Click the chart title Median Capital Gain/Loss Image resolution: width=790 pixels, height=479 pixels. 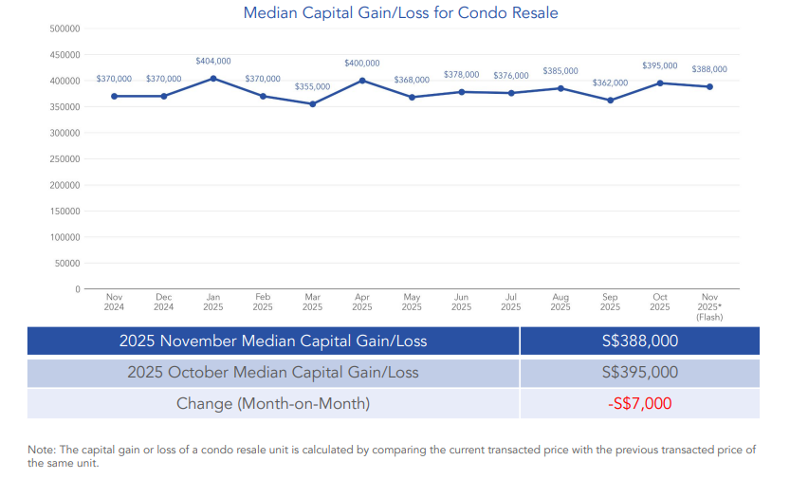coord(400,13)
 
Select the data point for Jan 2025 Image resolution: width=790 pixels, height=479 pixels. coord(213,79)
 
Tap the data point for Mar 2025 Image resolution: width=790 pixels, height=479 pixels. coord(312,103)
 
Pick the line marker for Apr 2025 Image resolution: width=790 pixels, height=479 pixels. coord(362,81)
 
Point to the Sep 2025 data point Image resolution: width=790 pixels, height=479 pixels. coord(610,100)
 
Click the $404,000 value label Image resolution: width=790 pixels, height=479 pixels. coord(213,61)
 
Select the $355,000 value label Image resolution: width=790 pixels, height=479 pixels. coord(312,86)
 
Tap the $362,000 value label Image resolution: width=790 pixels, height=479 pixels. coord(610,83)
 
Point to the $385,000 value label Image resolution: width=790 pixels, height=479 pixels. coord(560,71)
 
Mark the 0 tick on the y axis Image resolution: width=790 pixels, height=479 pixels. coord(76,288)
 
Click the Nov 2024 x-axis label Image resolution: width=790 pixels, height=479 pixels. coord(114,302)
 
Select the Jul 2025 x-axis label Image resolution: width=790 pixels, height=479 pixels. coord(510,302)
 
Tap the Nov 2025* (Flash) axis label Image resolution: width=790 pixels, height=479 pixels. coord(709,306)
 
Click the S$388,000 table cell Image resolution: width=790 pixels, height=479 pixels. coord(639,341)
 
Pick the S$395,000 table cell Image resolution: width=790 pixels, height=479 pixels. coord(639,373)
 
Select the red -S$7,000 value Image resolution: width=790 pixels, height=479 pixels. coord(639,403)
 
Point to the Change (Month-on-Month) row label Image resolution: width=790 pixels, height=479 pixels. coord(273,403)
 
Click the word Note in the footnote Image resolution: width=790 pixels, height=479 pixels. coord(39,449)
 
